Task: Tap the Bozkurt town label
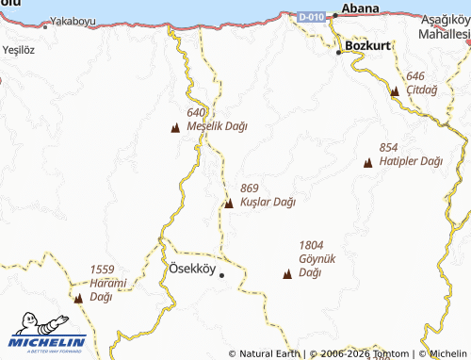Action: click(x=368, y=44)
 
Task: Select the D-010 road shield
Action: click(x=312, y=17)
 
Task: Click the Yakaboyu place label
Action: click(x=74, y=20)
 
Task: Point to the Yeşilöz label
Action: click(x=18, y=50)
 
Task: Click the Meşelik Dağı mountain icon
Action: click(x=175, y=128)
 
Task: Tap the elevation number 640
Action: click(x=196, y=112)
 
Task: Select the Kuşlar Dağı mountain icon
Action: click(x=229, y=203)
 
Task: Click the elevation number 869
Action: click(x=250, y=188)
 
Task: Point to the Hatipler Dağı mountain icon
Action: click(x=368, y=163)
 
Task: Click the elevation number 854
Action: click(x=388, y=148)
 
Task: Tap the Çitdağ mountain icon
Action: click(x=395, y=91)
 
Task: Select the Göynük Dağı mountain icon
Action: click(x=287, y=274)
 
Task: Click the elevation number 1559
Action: click(x=103, y=269)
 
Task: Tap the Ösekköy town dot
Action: click(x=221, y=275)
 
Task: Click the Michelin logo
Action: click(x=48, y=335)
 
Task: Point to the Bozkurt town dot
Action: click(x=340, y=53)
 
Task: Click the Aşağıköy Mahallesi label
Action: click(x=445, y=27)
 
